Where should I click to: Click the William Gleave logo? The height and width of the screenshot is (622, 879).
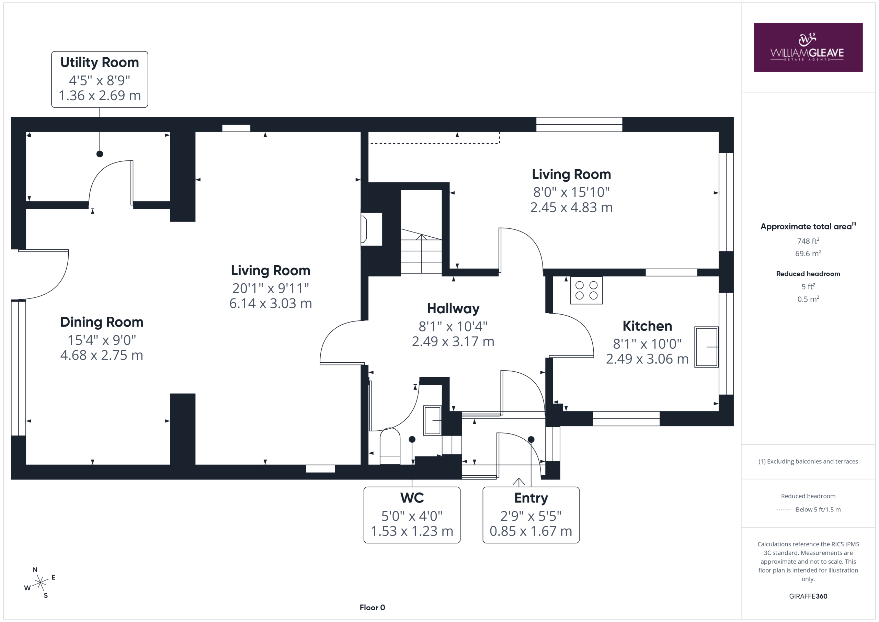click(x=808, y=47)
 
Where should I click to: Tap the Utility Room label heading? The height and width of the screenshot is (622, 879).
click(x=100, y=63)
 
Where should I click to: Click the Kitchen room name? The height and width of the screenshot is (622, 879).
click(x=647, y=326)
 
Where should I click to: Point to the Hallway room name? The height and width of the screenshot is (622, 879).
click(x=453, y=309)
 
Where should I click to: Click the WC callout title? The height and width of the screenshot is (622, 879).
click(x=412, y=498)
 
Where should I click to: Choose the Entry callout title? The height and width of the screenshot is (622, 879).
click(x=531, y=498)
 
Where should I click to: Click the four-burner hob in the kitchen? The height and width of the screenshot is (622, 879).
click(x=586, y=290)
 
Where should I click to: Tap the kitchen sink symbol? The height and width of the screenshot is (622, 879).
click(x=707, y=347)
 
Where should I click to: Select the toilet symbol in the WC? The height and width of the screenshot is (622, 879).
click(x=390, y=446)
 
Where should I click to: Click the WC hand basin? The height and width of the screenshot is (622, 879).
click(x=433, y=420)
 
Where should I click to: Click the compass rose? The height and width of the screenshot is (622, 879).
click(x=40, y=583)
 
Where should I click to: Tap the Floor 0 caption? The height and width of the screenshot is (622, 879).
click(x=372, y=608)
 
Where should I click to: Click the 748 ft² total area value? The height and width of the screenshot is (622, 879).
click(x=808, y=241)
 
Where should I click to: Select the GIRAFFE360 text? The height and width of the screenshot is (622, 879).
click(x=808, y=596)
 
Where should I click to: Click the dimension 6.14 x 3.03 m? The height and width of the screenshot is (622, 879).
click(x=271, y=303)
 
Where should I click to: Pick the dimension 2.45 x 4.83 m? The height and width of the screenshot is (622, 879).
click(x=572, y=207)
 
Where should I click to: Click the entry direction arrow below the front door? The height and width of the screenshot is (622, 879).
click(x=519, y=482)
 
